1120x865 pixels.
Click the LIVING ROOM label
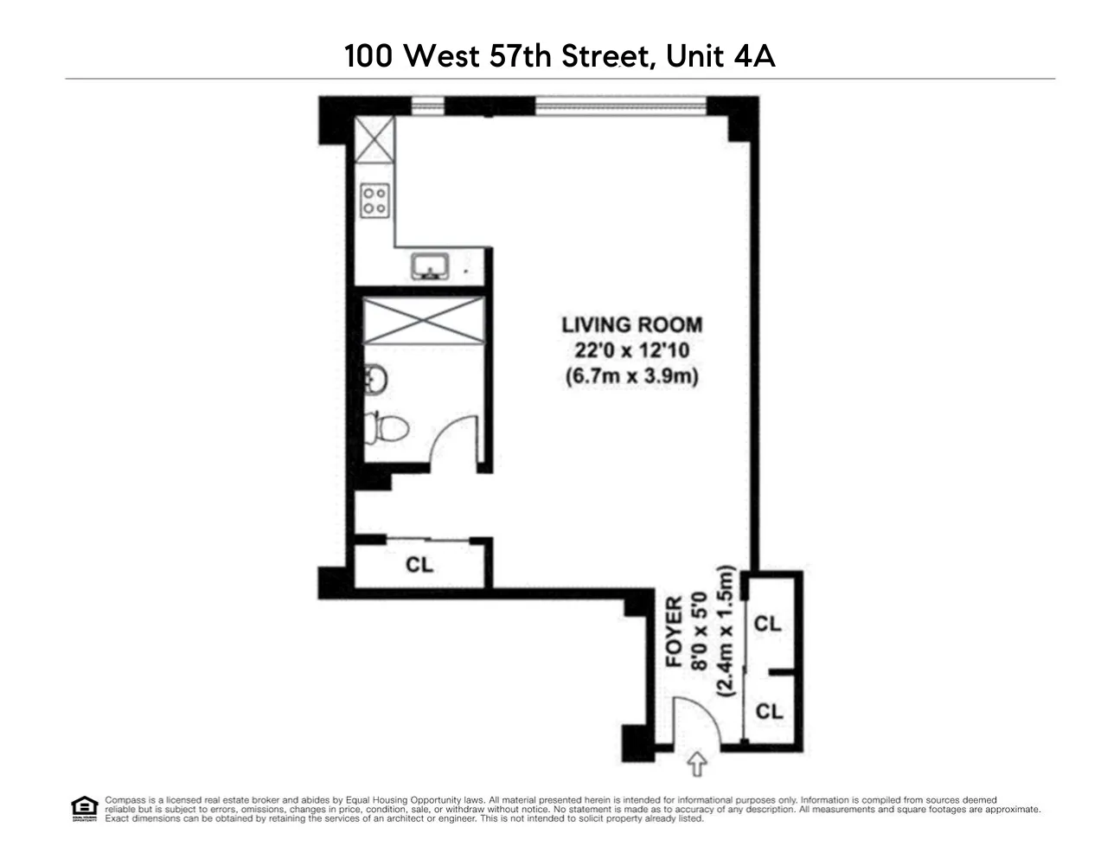coord(631,325)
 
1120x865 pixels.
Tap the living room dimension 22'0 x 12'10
coord(631,351)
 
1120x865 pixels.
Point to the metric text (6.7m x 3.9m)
coord(631,377)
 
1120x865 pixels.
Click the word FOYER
coord(674,631)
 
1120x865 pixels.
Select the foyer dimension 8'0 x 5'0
coord(700,631)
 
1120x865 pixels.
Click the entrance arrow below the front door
coord(696,764)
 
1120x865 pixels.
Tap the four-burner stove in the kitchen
coord(374,201)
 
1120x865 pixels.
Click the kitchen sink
coord(427,266)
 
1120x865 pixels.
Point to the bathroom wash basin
coord(375,379)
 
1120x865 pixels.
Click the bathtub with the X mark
coord(422,322)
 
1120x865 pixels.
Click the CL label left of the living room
coord(419,565)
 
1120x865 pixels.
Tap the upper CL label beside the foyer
coord(768,624)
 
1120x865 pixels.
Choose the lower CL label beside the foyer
coord(769,711)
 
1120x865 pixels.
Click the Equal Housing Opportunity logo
coord(84,809)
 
